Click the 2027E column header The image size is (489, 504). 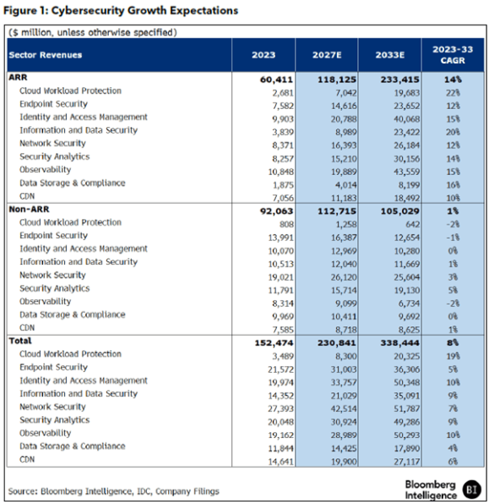point(327,55)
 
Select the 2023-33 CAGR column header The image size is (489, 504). point(453,55)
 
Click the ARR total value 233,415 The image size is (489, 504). point(400,79)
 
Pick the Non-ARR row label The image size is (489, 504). point(29,209)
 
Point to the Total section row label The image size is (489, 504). point(20,341)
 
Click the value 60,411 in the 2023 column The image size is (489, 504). point(276,79)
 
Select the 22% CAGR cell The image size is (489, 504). point(453,93)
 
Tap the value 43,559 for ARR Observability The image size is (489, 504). point(407,172)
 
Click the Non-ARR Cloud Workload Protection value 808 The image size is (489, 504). point(286,224)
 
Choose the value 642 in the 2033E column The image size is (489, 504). point(413,224)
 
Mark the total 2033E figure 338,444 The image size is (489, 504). point(400,343)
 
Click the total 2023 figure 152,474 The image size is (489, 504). point(274,343)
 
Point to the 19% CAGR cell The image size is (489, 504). point(453,356)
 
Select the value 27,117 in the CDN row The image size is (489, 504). point(407,462)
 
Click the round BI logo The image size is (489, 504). point(472,490)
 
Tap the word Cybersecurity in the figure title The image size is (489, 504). point(87,11)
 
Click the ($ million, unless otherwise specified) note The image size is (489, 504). point(93,32)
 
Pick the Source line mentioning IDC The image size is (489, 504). point(114,491)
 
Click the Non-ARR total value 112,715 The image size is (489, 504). point(337,211)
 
